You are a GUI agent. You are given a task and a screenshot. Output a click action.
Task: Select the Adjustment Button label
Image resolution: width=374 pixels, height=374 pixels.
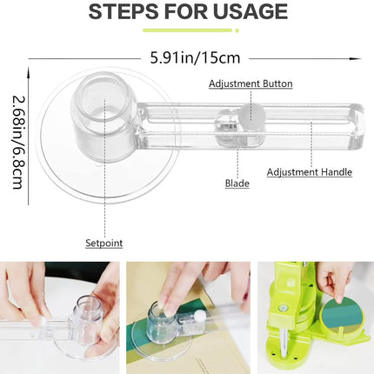click(x=250, y=83)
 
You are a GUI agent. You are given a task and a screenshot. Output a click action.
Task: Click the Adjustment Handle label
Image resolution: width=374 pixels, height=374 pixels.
click(x=309, y=172)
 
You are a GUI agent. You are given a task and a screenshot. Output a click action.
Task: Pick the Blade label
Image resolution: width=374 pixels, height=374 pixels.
click(x=237, y=184)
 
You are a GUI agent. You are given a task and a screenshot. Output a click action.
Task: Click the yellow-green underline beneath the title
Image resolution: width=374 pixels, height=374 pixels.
click(x=186, y=30)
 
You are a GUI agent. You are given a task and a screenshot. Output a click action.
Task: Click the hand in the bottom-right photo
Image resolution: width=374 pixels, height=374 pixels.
click(x=335, y=277)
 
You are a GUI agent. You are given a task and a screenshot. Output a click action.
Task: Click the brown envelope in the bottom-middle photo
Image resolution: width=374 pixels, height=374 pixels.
click(x=213, y=344)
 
